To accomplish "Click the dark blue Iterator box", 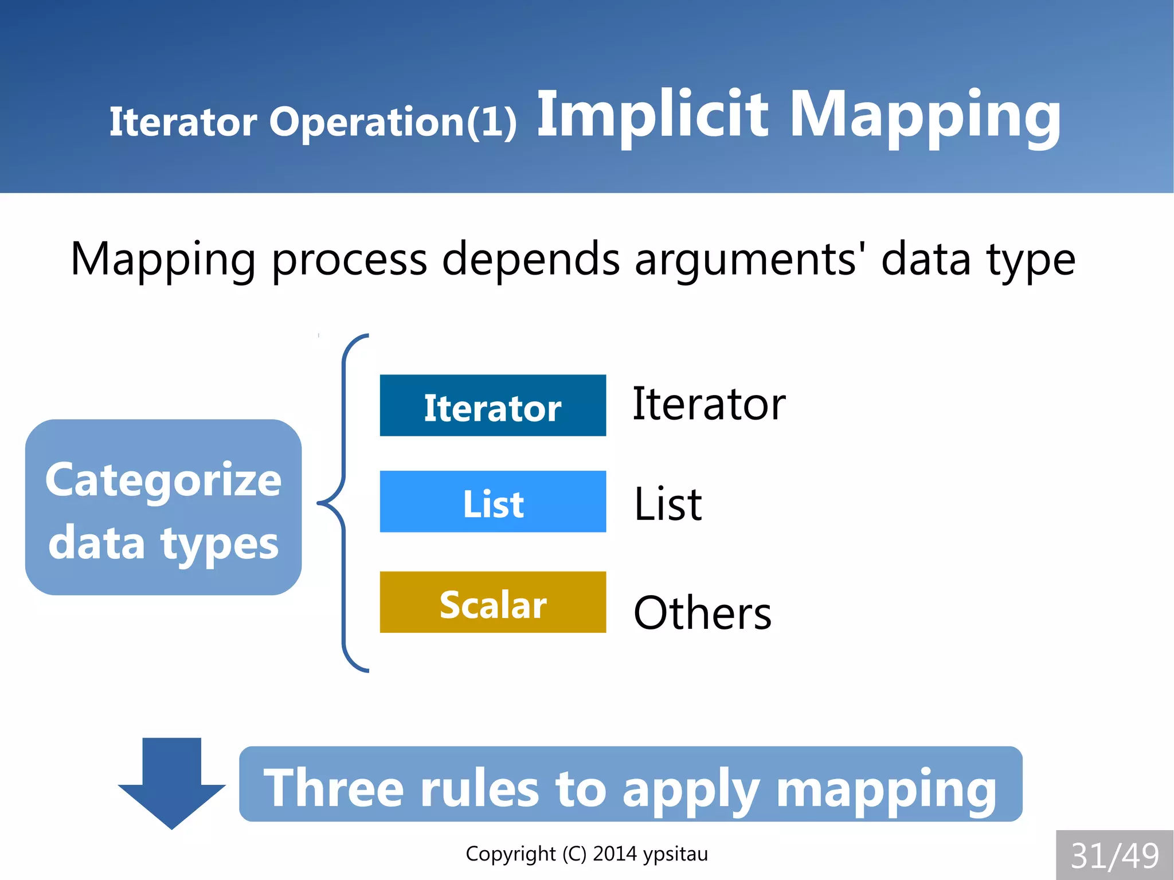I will [x=492, y=405].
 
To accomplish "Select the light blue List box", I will [x=492, y=502].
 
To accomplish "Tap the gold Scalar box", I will [x=492, y=602].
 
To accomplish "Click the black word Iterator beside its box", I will [x=709, y=404].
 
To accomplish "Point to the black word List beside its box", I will [x=668, y=504].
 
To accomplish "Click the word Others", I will [x=702, y=613].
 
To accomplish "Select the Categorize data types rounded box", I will [x=163, y=507].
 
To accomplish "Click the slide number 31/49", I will [x=1114, y=855].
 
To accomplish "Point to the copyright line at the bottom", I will [x=586, y=854].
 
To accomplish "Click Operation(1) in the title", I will [x=393, y=122].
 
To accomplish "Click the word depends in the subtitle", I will [x=531, y=259].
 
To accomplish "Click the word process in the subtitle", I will [x=349, y=259].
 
